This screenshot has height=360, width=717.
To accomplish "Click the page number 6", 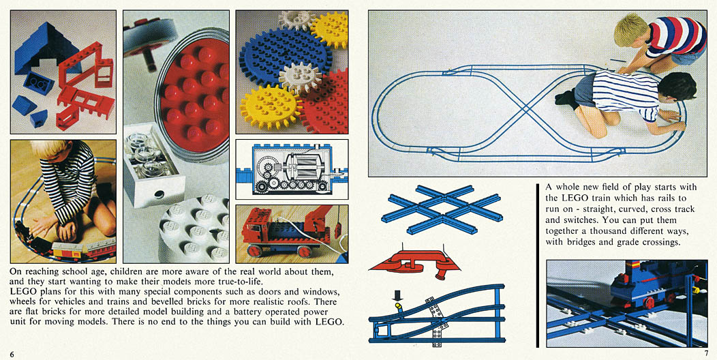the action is [x=12, y=355].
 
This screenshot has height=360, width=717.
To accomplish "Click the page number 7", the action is [x=706, y=352].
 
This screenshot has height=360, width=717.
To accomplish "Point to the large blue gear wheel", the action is [x=284, y=55].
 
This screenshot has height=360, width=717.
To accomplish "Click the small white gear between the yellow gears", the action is [x=300, y=77].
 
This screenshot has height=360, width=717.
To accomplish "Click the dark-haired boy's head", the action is [x=677, y=87].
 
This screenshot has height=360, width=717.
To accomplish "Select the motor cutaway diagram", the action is [x=292, y=169].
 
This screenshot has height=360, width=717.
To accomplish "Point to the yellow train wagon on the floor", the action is [x=67, y=250].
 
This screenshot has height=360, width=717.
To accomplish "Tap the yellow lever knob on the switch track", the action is [x=398, y=305].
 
